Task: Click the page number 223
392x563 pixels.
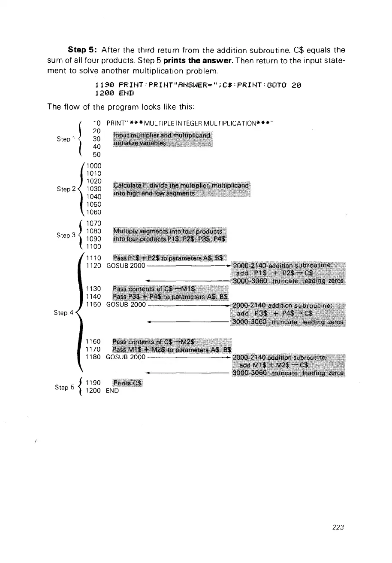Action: tap(338, 527)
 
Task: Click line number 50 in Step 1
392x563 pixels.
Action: tap(96, 155)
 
